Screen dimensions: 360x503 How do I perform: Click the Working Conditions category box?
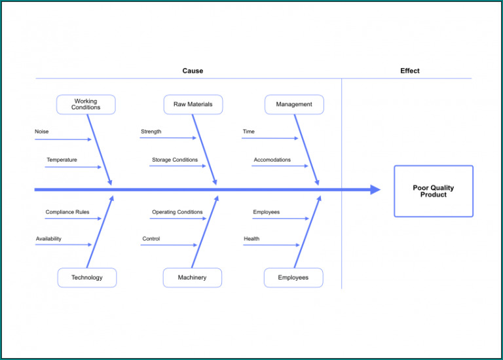[86, 105]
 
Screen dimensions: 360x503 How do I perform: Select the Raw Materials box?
[193, 105]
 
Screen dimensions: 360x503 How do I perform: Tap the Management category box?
[294, 105]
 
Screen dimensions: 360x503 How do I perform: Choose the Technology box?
[87, 278]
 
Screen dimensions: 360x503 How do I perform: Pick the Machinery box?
[192, 278]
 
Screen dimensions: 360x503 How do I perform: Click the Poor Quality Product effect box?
[433, 191]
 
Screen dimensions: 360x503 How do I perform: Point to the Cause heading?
[193, 71]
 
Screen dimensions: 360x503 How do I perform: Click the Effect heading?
[410, 71]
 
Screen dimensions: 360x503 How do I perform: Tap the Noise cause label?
[42, 132]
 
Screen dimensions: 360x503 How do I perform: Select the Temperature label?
[62, 160]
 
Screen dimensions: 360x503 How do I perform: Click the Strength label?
[151, 132]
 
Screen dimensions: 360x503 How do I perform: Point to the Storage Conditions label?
[175, 160]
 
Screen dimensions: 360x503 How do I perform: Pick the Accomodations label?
[272, 160]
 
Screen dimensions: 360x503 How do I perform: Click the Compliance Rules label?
[67, 212]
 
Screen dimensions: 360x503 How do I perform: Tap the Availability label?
[48, 239]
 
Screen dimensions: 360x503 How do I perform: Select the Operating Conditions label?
[177, 212]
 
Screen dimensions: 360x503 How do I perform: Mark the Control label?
[151, 239]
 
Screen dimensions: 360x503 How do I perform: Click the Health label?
[251, 239]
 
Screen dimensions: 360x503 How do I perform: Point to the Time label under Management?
[249, 132]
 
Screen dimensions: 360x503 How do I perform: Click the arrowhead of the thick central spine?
[375, 190]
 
